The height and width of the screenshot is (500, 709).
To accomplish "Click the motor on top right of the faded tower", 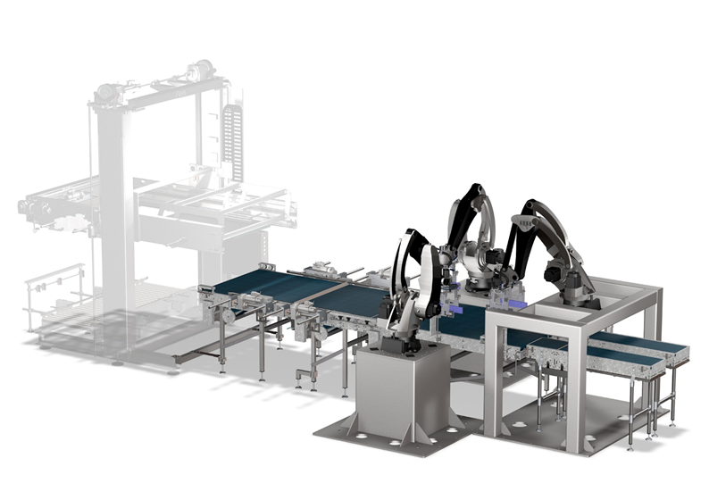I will tap(201, 70).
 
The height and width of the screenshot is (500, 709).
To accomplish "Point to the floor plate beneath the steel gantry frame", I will tap(571, 429).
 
